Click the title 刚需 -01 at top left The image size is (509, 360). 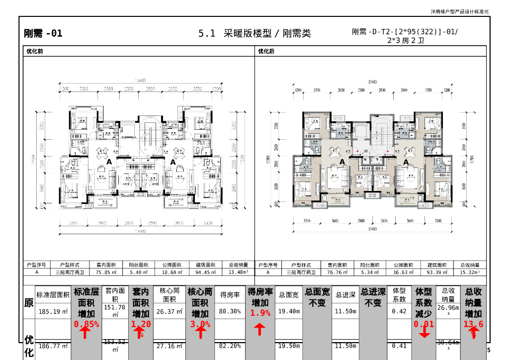tap(43, 34)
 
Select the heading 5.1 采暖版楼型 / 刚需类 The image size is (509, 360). tap(254, 34)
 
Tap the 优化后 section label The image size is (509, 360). tap(266, 51)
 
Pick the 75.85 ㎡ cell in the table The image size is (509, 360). tap(105, 272)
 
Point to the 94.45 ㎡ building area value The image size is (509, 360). tap(204, 272)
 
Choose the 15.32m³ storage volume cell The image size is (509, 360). tap(470, 272)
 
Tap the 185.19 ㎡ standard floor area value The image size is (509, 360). tap(53, 312)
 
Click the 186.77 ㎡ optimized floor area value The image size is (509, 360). tap(53, 346)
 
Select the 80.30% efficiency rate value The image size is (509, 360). tap(230, 312)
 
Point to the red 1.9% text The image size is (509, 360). tap(260, 313)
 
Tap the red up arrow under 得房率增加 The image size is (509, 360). tap(260, 329)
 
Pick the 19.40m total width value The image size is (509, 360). tap(288, 312)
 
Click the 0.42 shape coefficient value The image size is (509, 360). tap(399, 312)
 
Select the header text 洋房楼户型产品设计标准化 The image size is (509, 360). tap(460, 11)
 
